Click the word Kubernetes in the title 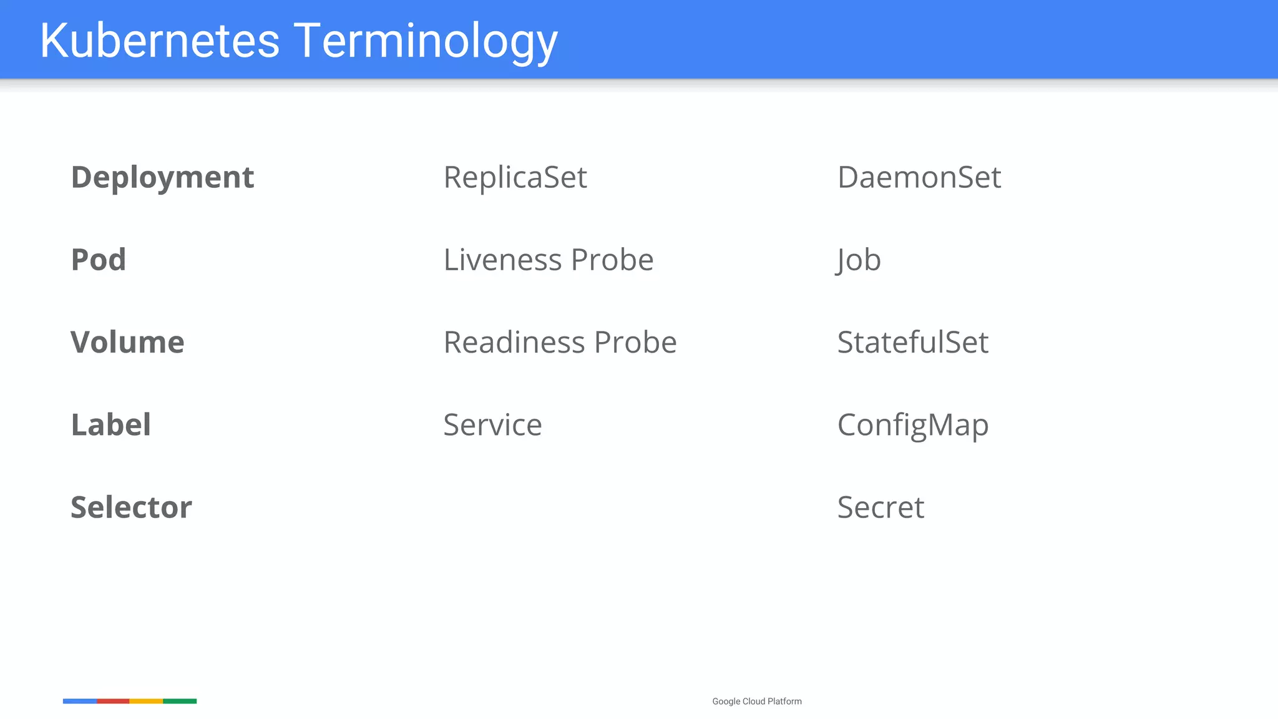(160, 41)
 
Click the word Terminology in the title (426, 41)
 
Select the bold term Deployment (162, 177)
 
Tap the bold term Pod (99, 260)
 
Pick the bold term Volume (127, 342)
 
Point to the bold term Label (111, 424)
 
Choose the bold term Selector (131, 507)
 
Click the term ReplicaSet (515, 177)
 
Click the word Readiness (514, 342)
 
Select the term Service (492, 424)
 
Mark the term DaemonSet (919, 177)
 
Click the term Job (859, 260)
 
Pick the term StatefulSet (912, 342)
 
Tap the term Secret (880, 507)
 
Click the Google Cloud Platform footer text (756, 702)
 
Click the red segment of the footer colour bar (113, 701)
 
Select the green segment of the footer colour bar (180, 701)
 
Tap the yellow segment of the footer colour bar (146, 701)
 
